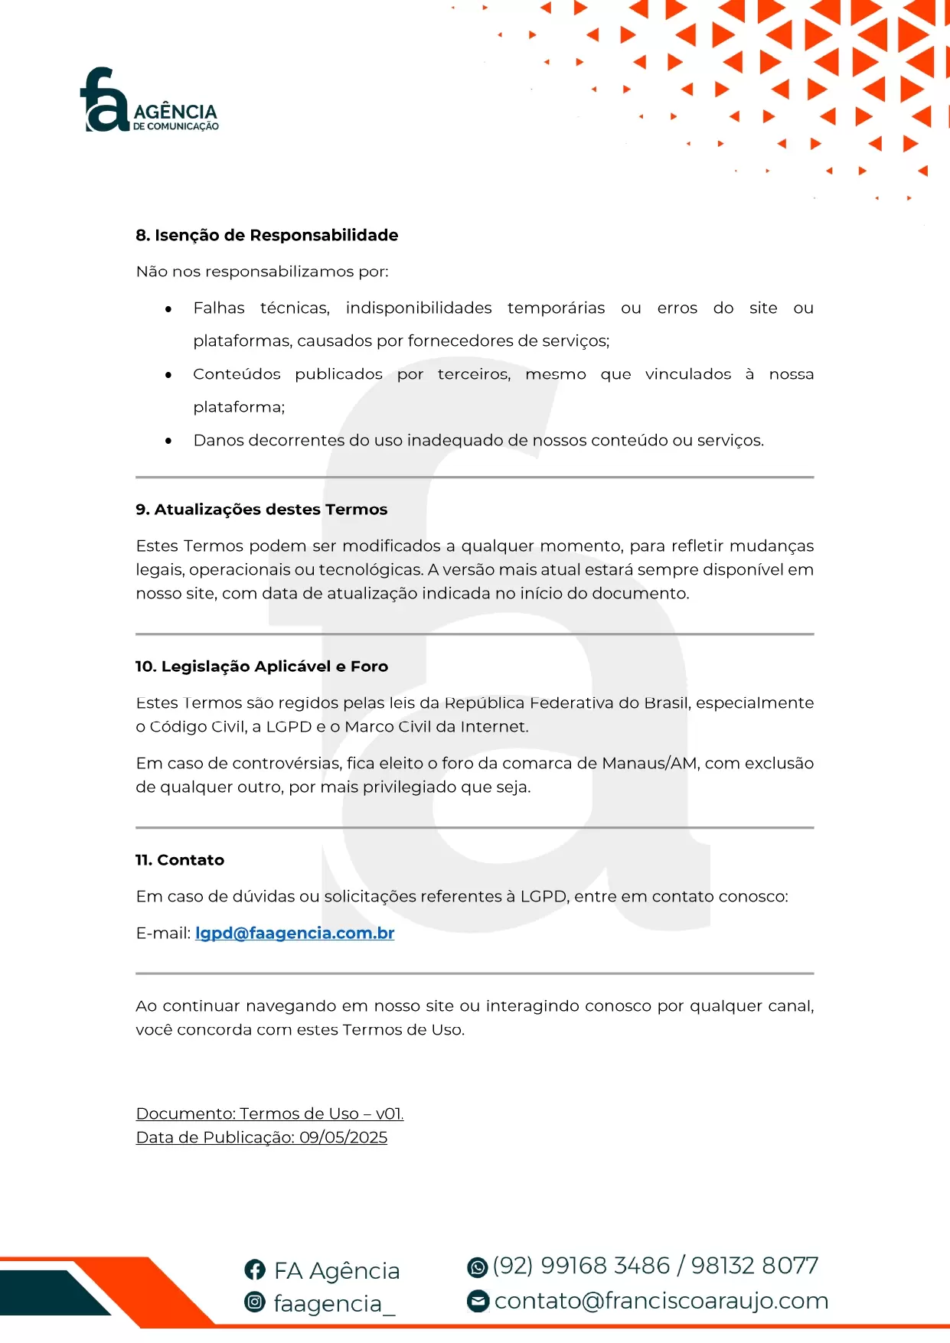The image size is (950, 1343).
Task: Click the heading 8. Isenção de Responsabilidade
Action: click(x=266, y=235)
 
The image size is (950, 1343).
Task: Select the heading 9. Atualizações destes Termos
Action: click(x=261, y=510)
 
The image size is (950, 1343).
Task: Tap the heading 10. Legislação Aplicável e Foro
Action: click(x=261, y=667)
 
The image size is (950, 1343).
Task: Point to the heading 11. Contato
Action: click(x=179, y=860)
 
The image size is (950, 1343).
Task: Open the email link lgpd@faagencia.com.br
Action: click(x=295, y=934)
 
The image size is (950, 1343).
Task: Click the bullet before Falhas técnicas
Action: click(x=168, y=309)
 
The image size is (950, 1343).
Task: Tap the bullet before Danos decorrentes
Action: click(x=168, y=442)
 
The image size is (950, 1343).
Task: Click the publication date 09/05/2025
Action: click(x=343, y=1138)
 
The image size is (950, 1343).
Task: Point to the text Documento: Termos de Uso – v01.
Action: click(x=269, y=1114)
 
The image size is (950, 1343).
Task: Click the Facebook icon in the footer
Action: click(x=255, y=1270)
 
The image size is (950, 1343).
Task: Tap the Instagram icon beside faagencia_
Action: click(x=255, y=1302)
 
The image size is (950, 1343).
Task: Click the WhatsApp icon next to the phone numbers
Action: click(x=478, y=1267)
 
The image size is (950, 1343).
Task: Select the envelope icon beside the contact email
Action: click(x=478, y=1301)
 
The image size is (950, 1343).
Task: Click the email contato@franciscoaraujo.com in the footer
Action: click(x=661, y=1301)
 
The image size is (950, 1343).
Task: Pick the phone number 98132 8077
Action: click(x=755, y=1266)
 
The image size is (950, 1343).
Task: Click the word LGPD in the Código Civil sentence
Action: click(x=289, y=727)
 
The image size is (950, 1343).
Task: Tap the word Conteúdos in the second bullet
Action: click(x=237, y=375)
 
